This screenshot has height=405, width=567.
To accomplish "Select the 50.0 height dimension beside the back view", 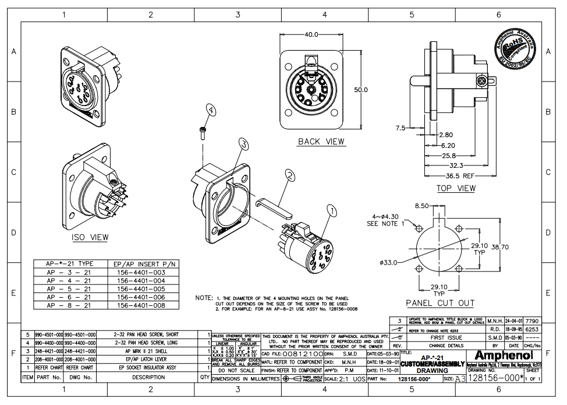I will tap(362, 90).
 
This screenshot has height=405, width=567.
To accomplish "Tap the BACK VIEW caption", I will tap(321, 142).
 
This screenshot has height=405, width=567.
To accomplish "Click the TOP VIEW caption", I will tap(456, 188).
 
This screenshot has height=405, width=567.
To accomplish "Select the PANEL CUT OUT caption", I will tap(440, 303).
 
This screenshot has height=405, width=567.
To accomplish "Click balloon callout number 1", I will tap(331, 211).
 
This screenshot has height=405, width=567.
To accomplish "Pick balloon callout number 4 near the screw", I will tap(211, 110).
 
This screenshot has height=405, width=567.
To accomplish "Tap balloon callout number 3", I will tap(243, 144).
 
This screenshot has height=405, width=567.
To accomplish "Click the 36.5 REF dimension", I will tap(460, 175).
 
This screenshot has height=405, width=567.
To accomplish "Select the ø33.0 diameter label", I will tap(388, 262).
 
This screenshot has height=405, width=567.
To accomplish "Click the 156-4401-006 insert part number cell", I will tap(141, 297).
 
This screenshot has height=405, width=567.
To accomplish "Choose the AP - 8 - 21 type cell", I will tap(69, 305).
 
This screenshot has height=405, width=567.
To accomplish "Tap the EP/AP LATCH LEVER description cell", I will tap(147, 360).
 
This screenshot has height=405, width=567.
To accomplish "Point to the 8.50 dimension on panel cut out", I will tap(421, 206).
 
